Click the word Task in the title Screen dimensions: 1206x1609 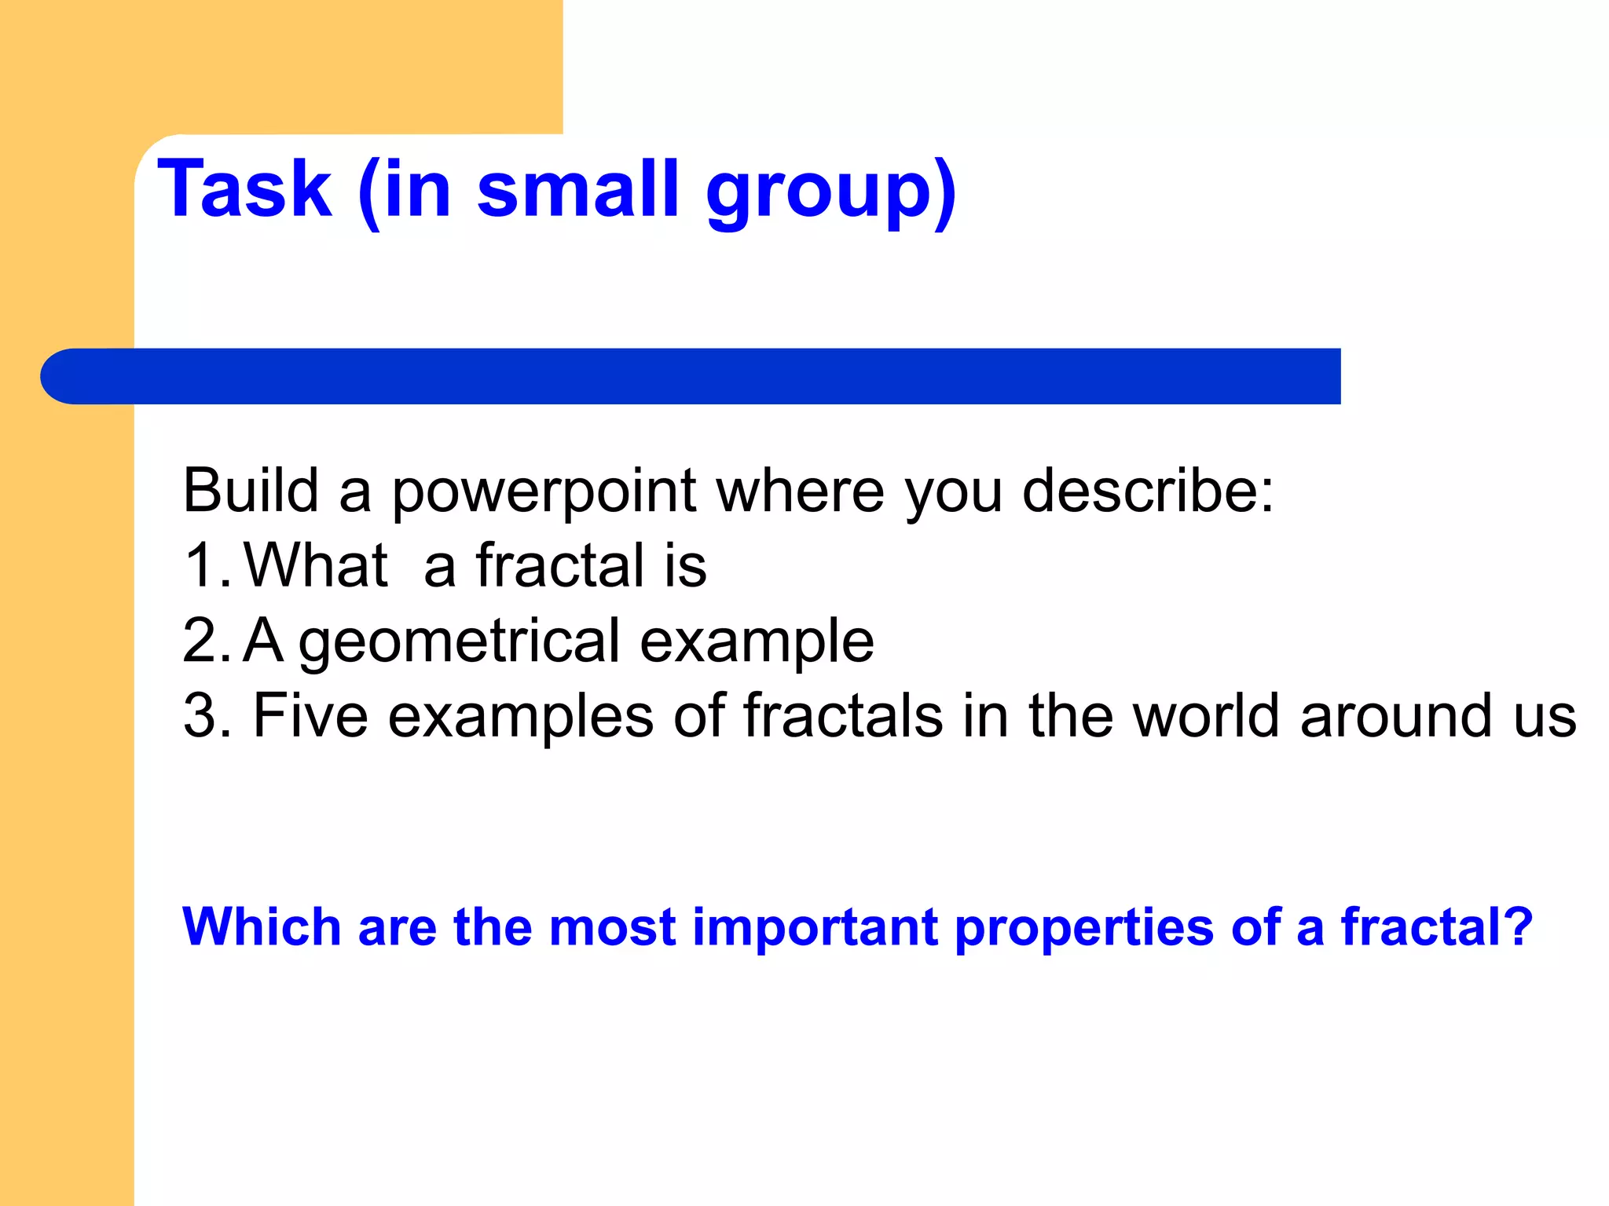244,189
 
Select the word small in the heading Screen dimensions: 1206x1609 577,189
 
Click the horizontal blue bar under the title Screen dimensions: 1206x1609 691,376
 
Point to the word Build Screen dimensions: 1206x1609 251,491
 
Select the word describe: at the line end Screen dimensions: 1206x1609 1148,491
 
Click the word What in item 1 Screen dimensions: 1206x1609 316,565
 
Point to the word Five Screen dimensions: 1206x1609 310,716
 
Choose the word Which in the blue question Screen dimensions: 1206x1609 261,927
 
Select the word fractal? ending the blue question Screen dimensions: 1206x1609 1436,927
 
